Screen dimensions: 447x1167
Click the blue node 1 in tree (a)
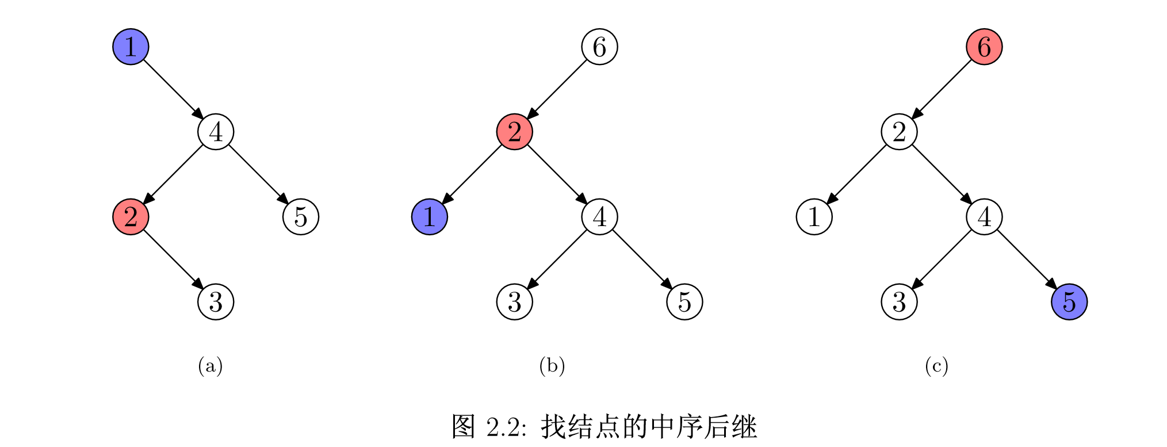point(131,47)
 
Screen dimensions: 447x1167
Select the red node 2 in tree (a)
point(131,217)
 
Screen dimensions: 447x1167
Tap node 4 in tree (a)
point(216,132)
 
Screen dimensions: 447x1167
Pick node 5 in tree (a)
point(301,217)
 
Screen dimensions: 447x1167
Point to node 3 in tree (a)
point(216,302)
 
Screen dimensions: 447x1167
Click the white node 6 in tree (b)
point(599,47)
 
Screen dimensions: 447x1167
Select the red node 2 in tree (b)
point(514,132)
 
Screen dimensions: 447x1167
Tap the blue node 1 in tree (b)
point(429,217)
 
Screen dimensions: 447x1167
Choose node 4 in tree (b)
point(599,217)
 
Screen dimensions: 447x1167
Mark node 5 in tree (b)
point(684,302)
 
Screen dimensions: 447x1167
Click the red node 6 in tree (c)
point(984,47)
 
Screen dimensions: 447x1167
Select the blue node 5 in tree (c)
point(1069,302)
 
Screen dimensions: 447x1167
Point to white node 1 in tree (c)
point(814,217)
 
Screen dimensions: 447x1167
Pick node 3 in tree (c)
point(899,302)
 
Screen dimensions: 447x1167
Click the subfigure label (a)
point(210,366)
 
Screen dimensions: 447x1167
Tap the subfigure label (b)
point(552,366)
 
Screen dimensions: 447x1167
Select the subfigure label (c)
point(936,366)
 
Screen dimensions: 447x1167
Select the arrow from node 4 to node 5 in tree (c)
point(1027,259)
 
